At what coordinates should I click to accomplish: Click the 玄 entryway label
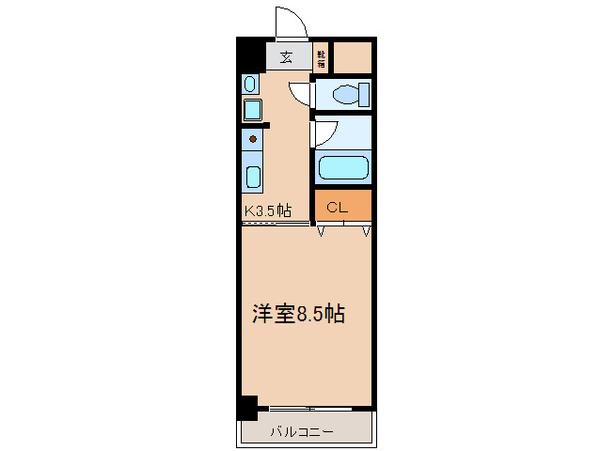[285, 56]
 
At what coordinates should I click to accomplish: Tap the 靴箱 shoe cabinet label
[321, 58]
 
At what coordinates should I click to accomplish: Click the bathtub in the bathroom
[342, 168]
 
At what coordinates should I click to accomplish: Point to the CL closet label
[338, 207]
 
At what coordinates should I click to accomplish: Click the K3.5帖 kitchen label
[268, 211]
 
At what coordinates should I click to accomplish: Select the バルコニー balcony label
[302, 432]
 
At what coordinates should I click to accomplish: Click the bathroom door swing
[323, 133]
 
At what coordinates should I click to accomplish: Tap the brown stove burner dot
[252, 140]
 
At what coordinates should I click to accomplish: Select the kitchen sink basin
[253, 176]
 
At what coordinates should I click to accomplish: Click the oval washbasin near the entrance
[250, 85]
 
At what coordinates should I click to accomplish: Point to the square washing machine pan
[252, 110]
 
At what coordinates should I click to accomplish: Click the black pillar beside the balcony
[246, 408]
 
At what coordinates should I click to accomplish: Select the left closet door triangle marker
[322, 230]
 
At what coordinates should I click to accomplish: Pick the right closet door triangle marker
[365, 230]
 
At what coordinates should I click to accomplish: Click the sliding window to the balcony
[301, 409]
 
